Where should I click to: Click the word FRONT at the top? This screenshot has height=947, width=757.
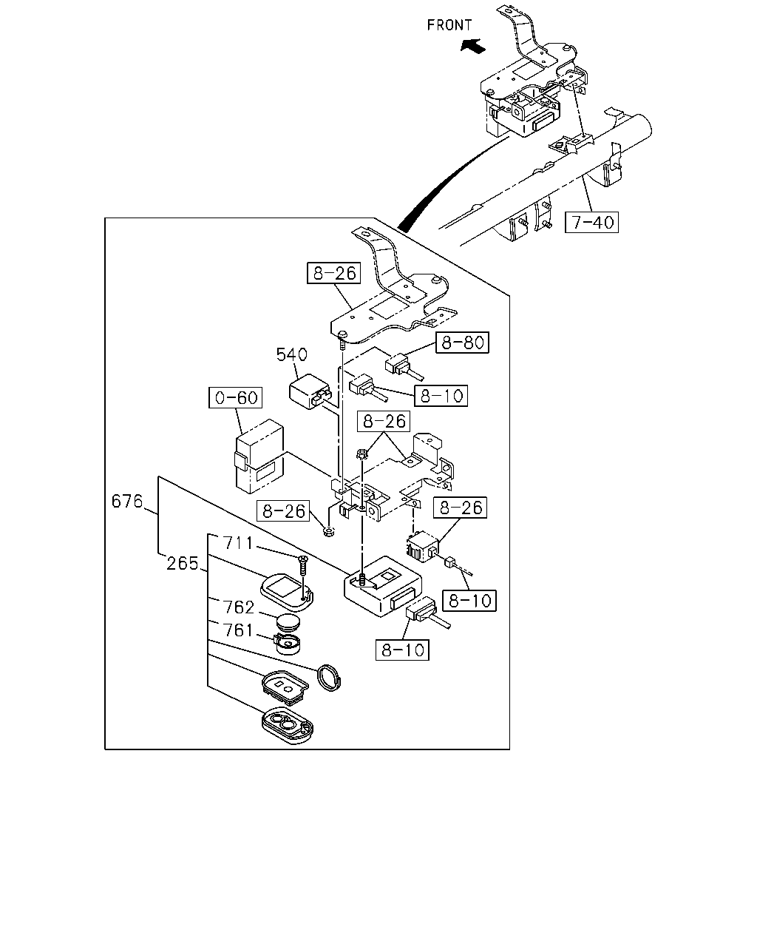click(x=449, y=25)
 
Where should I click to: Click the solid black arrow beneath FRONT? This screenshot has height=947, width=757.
click(x=473, y=45)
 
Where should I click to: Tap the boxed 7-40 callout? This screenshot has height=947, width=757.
click(x=591, y=222)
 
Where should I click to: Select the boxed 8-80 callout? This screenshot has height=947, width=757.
click(x=462, y=343)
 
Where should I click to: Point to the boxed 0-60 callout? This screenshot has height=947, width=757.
click(x=235, y=397)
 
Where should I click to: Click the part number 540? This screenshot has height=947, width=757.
click(x=291, y=354)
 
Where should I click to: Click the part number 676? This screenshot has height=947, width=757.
click(x=127, y=501)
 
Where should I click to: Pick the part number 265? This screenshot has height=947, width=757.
click(x=182, y=563)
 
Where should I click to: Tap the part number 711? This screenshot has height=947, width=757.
click(x=238, y=543)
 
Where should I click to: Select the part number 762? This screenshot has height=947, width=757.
click(x=239, y=607)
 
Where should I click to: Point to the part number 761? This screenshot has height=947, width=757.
click(x=238, y=630)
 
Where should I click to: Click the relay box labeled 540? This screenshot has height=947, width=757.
click(x=310, y=391)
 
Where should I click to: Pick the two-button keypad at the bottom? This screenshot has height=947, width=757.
click(x=288, y=725)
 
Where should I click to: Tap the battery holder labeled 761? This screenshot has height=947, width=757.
click(x=288, y=644)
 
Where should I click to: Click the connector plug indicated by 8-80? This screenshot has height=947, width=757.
click(x=404, y=366)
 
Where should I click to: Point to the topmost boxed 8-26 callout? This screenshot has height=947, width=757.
click(x=333, y=273)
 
